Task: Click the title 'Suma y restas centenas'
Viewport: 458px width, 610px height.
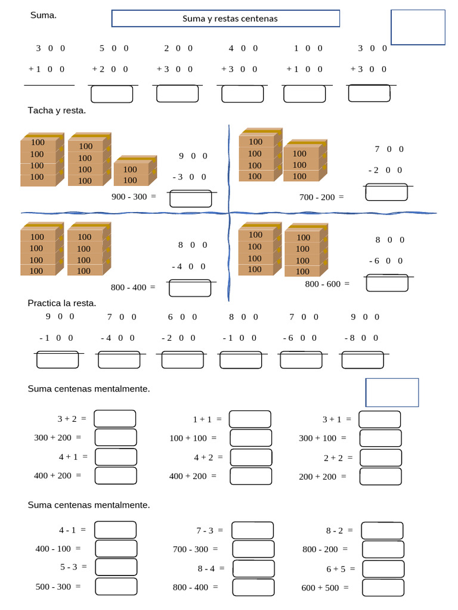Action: pyautogui.click(x=230, y=18)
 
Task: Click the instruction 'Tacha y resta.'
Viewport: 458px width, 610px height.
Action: pyautogui.click(x=57, y=110)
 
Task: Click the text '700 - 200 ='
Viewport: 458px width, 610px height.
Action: pyautogui.click(x=321, y=197)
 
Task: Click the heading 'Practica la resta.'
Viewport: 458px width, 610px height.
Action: pyautogui.click(x=62, y=303)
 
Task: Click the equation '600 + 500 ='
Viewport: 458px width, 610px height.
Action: pyautogui.click(x=325, y=588)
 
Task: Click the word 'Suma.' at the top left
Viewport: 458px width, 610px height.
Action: pyautogui.click(x=44, y=15)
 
